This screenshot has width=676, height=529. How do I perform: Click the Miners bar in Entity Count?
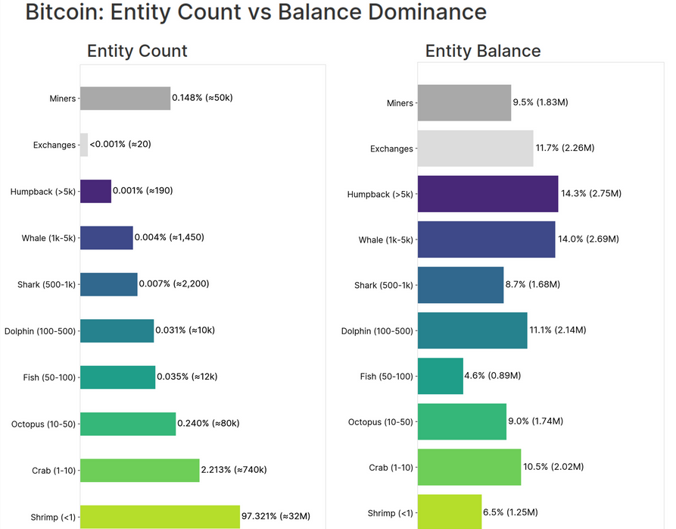125,99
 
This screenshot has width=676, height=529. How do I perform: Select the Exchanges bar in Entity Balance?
475,149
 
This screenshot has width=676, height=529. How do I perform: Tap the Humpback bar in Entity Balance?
488,194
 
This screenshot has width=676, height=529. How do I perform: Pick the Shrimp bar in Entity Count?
160,516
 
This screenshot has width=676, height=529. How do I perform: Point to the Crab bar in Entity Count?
139,470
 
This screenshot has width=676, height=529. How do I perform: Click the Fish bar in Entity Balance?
440,376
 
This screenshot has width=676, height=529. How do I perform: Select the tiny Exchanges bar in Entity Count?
84,145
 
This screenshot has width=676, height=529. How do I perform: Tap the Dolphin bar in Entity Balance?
472,330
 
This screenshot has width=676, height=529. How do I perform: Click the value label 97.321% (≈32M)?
276,516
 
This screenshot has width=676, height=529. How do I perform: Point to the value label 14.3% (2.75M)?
591,194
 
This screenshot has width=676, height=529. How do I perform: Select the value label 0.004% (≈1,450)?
169,237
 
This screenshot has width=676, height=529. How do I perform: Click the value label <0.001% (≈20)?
120,145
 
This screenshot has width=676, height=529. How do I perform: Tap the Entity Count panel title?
137,51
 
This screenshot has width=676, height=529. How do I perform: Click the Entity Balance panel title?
483,51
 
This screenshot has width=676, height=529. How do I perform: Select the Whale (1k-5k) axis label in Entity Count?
48,239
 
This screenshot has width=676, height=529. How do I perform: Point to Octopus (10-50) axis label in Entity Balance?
381,422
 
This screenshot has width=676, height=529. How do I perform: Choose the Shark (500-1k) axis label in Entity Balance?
384,286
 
